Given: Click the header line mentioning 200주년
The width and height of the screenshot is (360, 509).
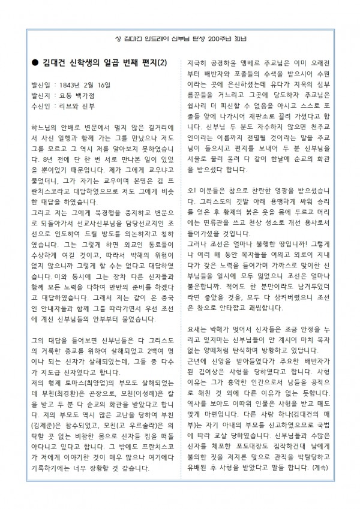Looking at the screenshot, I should coord(180,38).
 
